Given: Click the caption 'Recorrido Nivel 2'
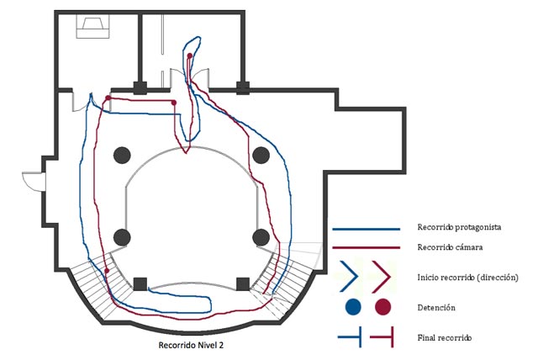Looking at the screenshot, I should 191,345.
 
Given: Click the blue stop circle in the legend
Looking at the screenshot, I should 353,305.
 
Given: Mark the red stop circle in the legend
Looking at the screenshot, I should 383,305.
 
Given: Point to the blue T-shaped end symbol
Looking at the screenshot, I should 351,337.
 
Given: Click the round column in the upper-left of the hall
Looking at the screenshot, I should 122,155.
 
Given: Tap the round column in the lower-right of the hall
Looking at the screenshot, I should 261,236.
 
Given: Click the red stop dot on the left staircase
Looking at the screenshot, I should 107,271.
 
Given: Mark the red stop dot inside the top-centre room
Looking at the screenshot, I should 190,56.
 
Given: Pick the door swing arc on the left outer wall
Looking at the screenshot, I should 32,179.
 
